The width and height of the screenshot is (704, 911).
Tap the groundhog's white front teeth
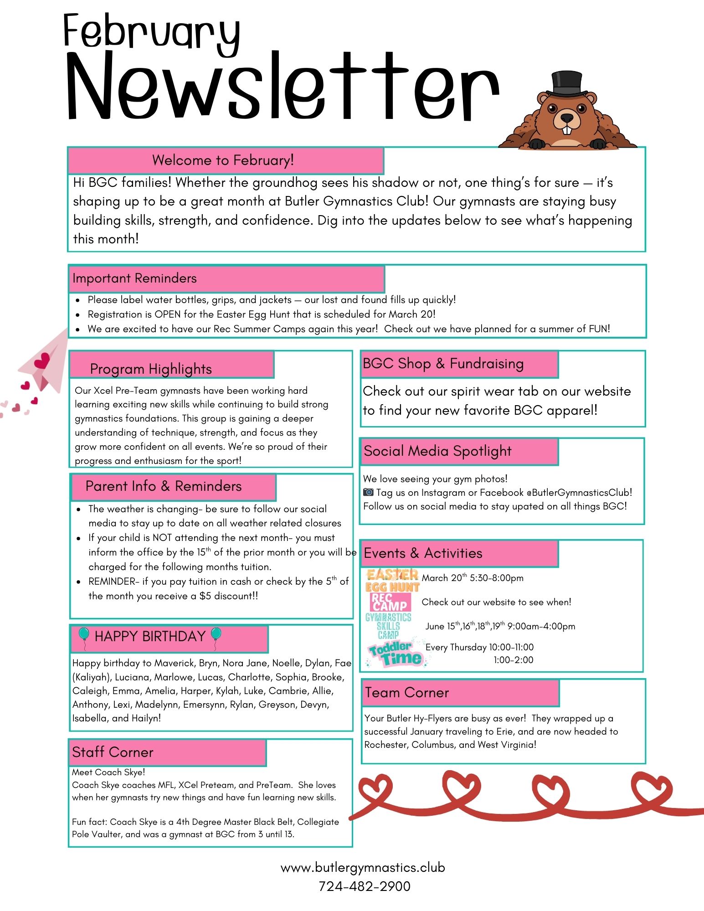coord(566,129)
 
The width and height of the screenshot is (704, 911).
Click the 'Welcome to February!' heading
coord(223,160)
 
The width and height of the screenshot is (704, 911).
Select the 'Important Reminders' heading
coord(134,278)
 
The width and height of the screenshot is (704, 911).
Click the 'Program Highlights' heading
coord(151,369)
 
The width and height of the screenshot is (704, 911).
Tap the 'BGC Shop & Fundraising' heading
coord(443,364)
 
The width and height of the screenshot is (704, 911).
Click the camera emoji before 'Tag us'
coord(368,492)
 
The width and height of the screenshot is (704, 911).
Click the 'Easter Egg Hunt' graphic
coord(392,580)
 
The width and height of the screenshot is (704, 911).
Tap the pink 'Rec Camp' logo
coord(390,602)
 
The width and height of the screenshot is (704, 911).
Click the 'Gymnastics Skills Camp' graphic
coord(388,625)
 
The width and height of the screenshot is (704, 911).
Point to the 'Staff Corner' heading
coord(113,752)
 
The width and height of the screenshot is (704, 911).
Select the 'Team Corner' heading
coord(407,693)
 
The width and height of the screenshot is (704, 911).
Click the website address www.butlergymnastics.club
coord(363,867)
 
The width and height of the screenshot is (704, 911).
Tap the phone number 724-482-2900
coord(364,886)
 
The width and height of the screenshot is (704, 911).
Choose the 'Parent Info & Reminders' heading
coord(164,486)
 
